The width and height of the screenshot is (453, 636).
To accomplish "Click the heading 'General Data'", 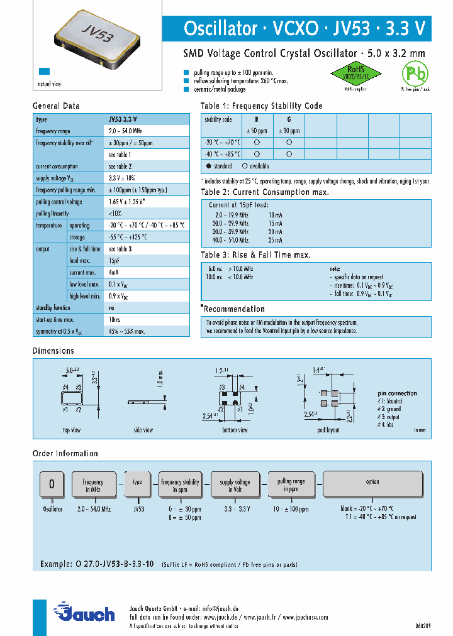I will (x=56, y=106).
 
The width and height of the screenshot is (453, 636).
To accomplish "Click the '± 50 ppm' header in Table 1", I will (x=256, y=131).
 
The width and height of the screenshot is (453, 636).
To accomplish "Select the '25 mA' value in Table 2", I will (x=275, y=240).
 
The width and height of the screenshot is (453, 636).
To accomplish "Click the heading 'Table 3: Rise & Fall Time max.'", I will (x=255, y=255).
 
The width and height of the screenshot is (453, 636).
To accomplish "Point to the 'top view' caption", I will (x=71, y=430).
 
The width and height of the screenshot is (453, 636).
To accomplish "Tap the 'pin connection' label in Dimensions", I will (x=397, y=393).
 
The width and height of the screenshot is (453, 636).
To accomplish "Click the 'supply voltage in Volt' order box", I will (x=234, y=486).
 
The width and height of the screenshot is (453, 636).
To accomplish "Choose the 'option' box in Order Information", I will (x=372, y=482).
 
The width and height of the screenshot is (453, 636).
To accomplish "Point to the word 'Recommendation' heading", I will (x=234, y=309).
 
